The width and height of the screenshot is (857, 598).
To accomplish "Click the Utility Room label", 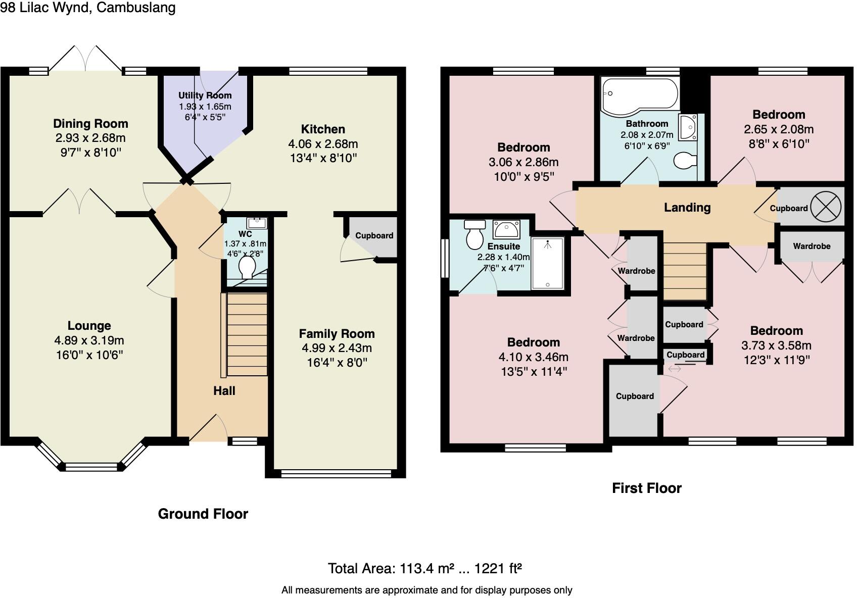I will pos(205,95).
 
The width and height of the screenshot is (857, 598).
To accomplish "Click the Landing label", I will pos(687,207).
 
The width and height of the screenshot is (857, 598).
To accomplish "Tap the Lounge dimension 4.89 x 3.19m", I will pos(89,340).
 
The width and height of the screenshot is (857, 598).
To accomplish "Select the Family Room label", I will pos(337,334).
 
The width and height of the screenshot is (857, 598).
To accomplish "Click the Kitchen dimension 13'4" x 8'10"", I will pos(323,158).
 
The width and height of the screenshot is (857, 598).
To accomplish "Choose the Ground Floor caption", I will pos(203,514).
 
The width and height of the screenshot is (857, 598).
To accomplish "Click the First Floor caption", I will pos(646,488).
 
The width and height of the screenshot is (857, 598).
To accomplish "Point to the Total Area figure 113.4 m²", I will pos(426,569).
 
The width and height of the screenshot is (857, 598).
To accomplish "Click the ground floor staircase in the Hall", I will pos(247,334).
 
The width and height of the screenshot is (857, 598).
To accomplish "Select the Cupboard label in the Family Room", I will pos(374,235).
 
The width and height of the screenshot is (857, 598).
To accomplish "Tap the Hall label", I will pos(224,390).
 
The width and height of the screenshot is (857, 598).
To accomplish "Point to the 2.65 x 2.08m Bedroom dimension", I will pos(779,129).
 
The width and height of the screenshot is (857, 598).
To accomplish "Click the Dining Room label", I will pos(90,124).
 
